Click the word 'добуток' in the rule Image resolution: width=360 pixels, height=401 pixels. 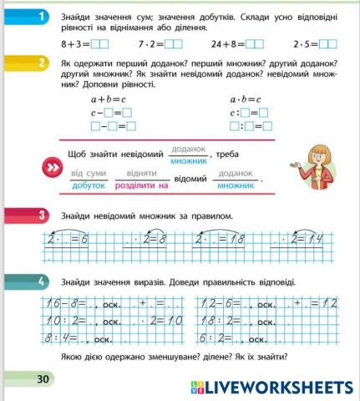89,185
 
